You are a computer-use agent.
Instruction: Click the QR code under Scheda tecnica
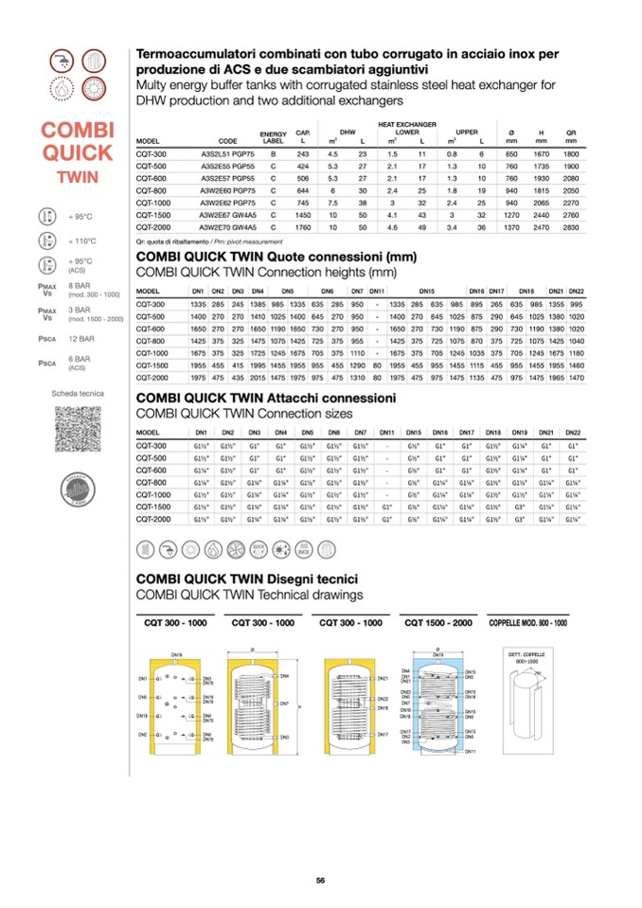point(78,429)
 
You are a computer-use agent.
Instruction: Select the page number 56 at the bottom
point(320,880)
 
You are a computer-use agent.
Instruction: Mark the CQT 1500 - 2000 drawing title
point(437,622)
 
